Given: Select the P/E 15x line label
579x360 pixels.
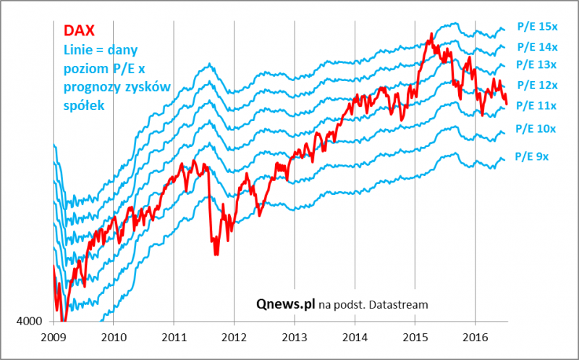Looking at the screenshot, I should pyautogui.click(x=537, y=27).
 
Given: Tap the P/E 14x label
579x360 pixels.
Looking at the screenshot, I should pyautogui.click(x=537, y=47).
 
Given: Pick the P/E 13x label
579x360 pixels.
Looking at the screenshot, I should pyautogui.click(x=537, y=66).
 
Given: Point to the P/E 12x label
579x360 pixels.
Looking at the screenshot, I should pyautogui.click(x=537, y=85).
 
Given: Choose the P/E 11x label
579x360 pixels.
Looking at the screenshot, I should pyautogui.click(x=537, y=106).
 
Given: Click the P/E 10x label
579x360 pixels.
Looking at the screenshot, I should pyautogui.click(x=536, y=129).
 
